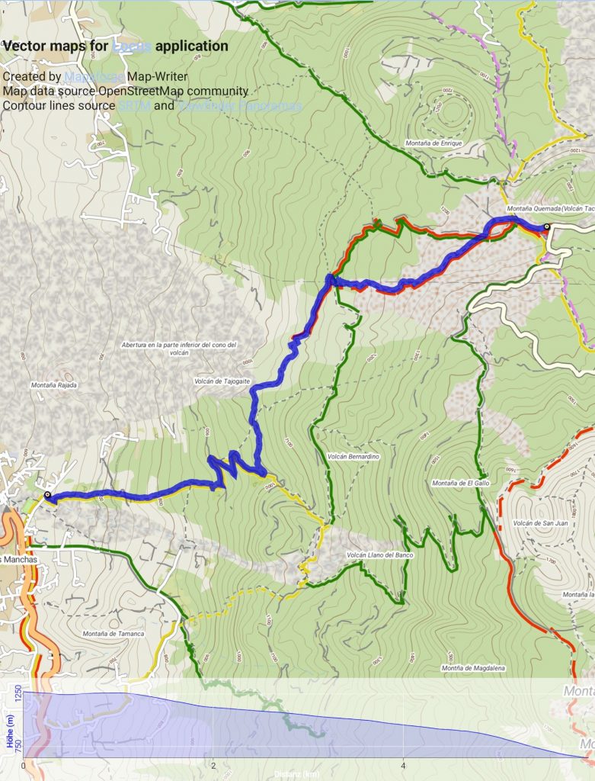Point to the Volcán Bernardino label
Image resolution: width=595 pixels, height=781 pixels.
coord(353,456)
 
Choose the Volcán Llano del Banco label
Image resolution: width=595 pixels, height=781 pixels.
coord(379,555)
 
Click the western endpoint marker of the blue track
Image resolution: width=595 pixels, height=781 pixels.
coord(47,495)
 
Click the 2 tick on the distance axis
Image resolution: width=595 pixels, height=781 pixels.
coord(214,766)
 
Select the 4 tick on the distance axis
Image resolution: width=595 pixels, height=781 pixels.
coord(403,766)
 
